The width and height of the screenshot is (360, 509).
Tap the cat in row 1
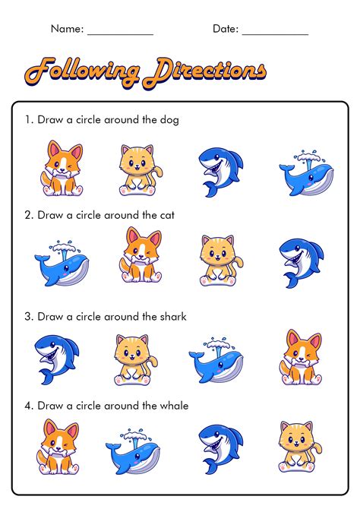pyautogui.click(x=139, y=169)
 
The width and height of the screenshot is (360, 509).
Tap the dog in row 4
pyautogui.click(x=58, y=447)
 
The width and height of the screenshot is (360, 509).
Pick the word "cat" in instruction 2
pyautogui.click(x=166, y=215)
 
